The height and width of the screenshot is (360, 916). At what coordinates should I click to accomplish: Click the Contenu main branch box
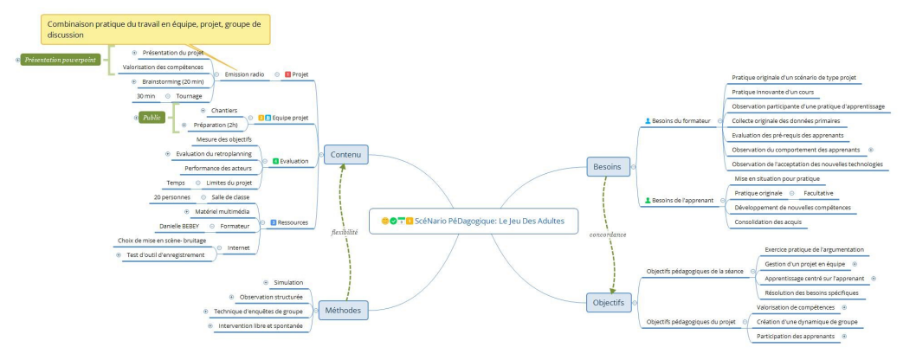pos(345,155)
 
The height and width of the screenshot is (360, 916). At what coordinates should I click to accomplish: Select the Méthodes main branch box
pos(343,310)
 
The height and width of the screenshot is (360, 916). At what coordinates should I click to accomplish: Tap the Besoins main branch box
pos(608,167)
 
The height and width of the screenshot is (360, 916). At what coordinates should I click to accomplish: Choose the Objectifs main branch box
pos(608,302)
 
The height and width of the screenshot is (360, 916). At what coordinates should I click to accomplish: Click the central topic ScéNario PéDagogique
pos(474,222)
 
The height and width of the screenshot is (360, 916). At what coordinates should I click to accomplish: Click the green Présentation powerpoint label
pos(60,60)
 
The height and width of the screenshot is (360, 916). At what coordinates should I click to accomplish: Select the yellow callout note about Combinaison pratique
pos(155,29)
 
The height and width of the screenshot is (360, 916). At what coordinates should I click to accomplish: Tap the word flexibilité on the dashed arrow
pos(345,232)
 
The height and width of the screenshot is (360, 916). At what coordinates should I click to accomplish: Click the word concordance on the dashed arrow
pos(608,234)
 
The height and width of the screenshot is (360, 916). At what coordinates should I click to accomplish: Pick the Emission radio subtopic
pos(244,74)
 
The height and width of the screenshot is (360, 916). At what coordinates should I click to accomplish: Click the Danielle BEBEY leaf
pos(179,226)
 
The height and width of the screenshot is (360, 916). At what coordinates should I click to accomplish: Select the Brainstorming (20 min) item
pos(173,81)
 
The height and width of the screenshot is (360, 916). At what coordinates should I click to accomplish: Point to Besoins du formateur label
pos(681,121)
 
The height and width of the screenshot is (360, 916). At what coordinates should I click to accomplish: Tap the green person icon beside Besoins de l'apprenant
pos(648,200)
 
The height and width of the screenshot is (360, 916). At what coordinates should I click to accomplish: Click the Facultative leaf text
pos(818,193)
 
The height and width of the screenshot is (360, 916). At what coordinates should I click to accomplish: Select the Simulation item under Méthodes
pos(288,282)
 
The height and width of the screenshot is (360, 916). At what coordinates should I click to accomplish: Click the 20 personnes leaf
pos(172,197)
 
